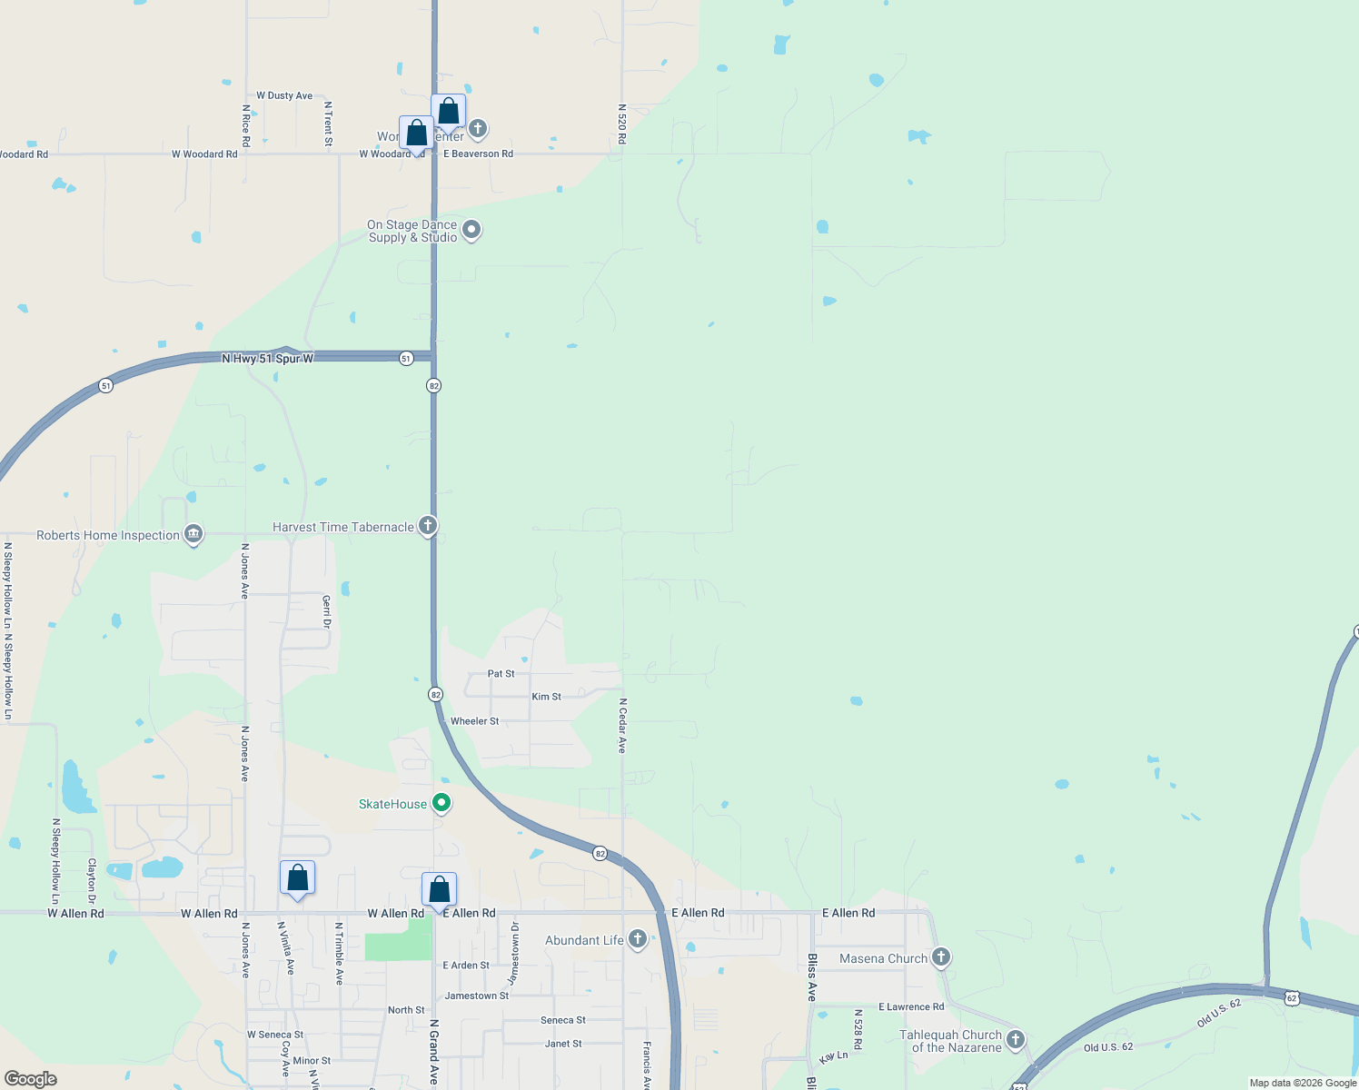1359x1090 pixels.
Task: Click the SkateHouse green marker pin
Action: click(441, 803)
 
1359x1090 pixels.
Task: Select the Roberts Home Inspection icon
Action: click(193, 534)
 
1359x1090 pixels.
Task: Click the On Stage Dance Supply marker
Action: click(471, 229)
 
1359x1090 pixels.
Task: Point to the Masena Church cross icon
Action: click(941, 956)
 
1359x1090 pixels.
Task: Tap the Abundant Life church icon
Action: click(637, 939)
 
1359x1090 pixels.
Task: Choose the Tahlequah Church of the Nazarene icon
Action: click(1016, 1039)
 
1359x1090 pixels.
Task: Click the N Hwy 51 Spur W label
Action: click(267, 359)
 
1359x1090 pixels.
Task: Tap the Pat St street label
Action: click(501, 674)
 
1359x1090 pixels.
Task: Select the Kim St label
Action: click(546, 697)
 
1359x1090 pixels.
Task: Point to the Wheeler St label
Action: click(474, 721)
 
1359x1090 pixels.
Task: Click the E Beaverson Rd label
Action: click(478, 154)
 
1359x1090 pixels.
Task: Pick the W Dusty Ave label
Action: click(284, 95)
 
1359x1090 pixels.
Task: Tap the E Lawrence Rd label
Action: click(910, 1006)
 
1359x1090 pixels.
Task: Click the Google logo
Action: click(31, 1079)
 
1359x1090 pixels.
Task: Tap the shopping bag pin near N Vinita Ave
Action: click(297, 878)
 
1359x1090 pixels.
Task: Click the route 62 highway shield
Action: click(1292, 998)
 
